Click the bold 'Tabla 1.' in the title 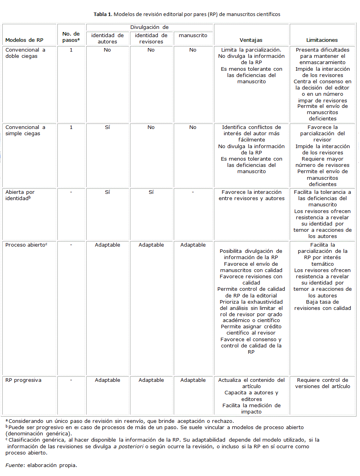point(103,14)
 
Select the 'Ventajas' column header point(251,40)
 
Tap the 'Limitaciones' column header point(322,40)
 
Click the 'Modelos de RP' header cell point(24,40)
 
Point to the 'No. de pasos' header point(71,37)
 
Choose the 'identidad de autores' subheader point(107,38)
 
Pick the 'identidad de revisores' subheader point(151,38)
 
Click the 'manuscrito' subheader point(193,35)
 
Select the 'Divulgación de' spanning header point(150,27)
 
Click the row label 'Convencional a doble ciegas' point(25,53)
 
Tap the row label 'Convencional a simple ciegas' point(25,131)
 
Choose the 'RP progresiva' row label point(23,380)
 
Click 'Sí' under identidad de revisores point(151,192)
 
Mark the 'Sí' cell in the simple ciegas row point(107,127)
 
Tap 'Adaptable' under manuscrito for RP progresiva point(193,380)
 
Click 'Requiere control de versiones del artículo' point(323,383)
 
